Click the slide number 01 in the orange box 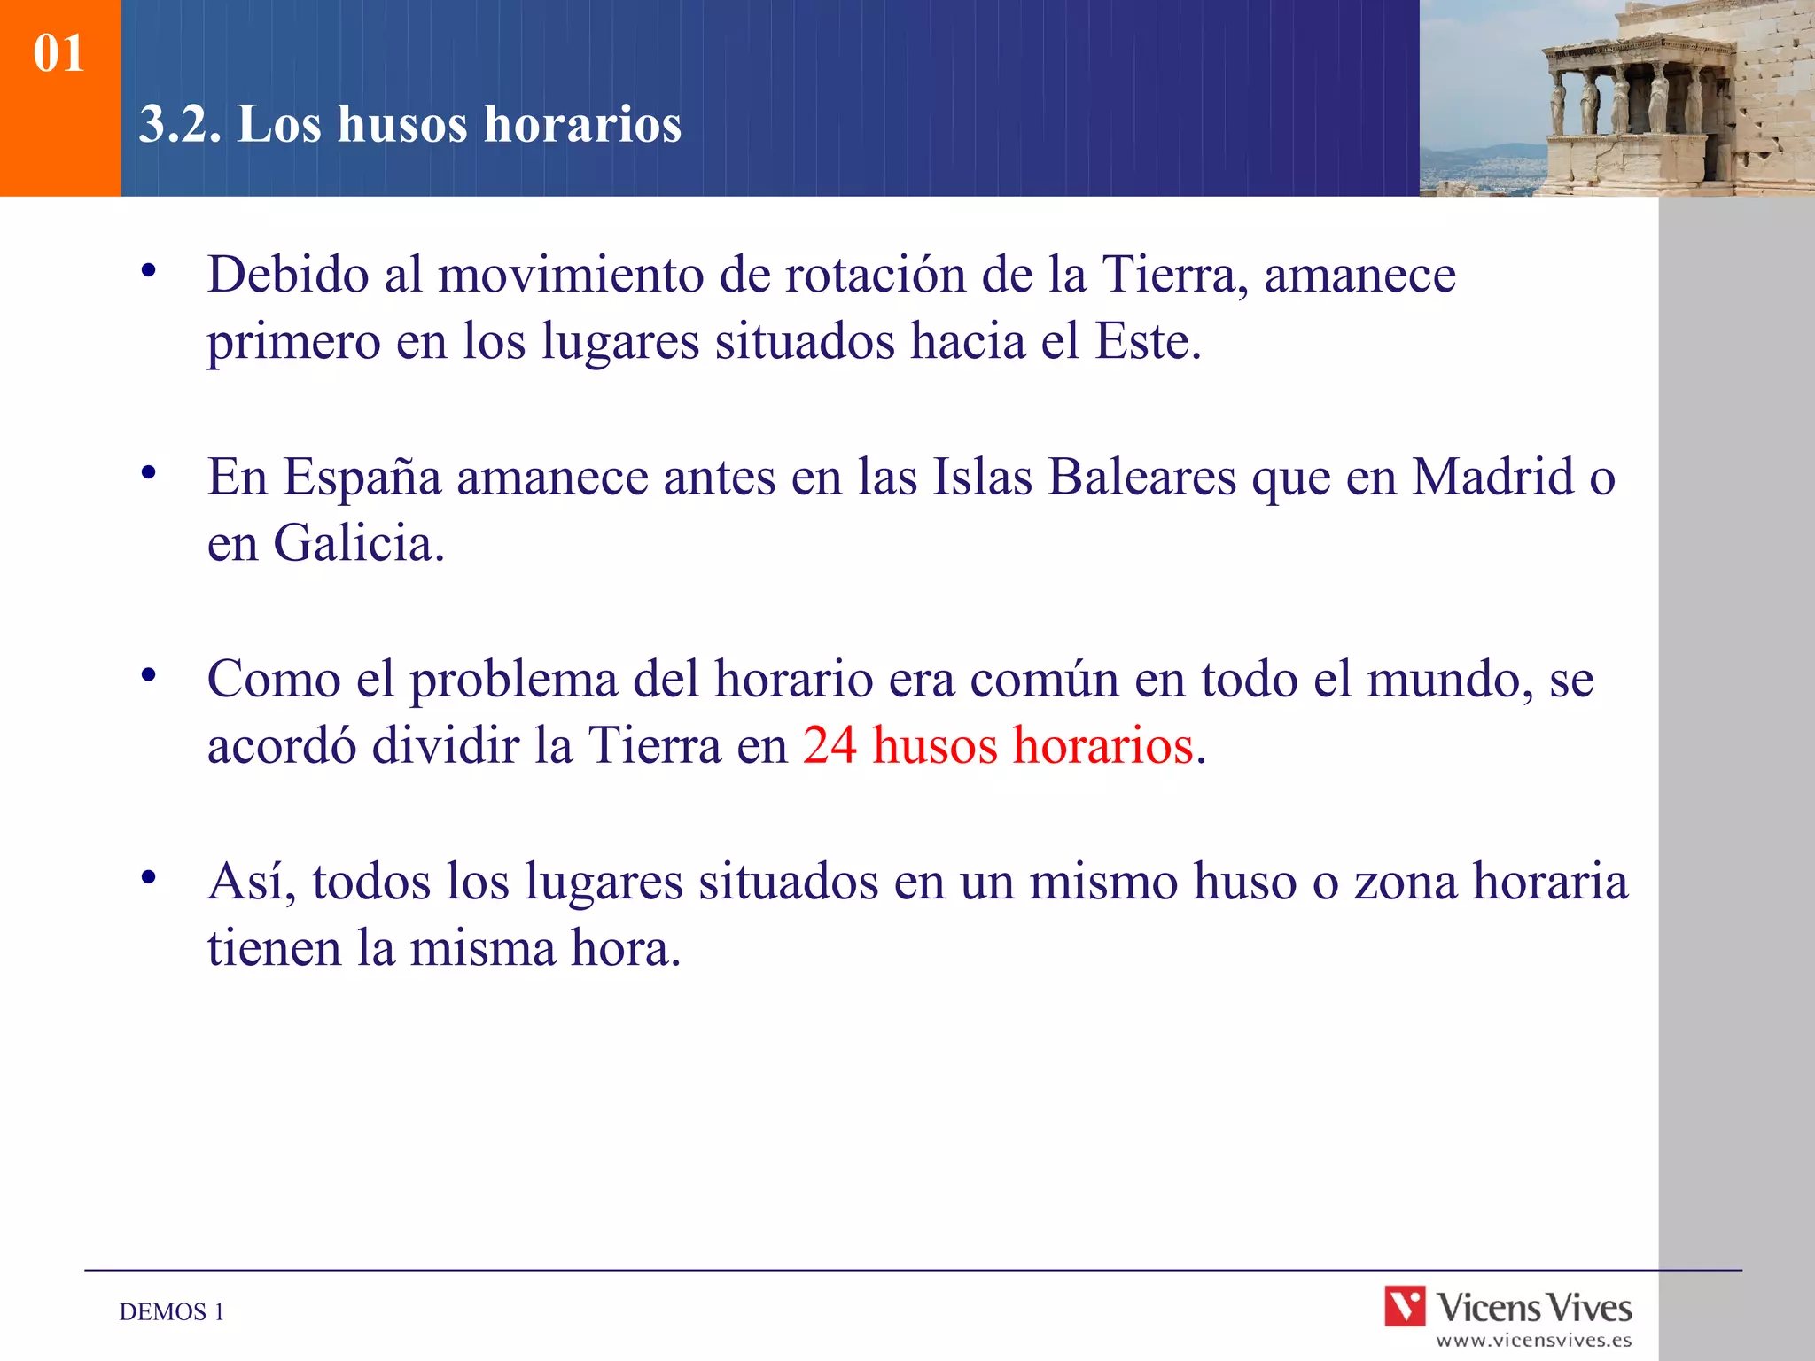58,53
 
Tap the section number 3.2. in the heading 180,123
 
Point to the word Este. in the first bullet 1148,341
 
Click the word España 362,477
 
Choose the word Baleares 1141,477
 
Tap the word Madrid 1492,477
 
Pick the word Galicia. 358,543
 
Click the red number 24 830,745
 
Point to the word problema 513,680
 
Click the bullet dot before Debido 149,270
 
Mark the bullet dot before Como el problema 149,675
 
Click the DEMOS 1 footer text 172,1311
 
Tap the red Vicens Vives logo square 1405,1306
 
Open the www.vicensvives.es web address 1533,1341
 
